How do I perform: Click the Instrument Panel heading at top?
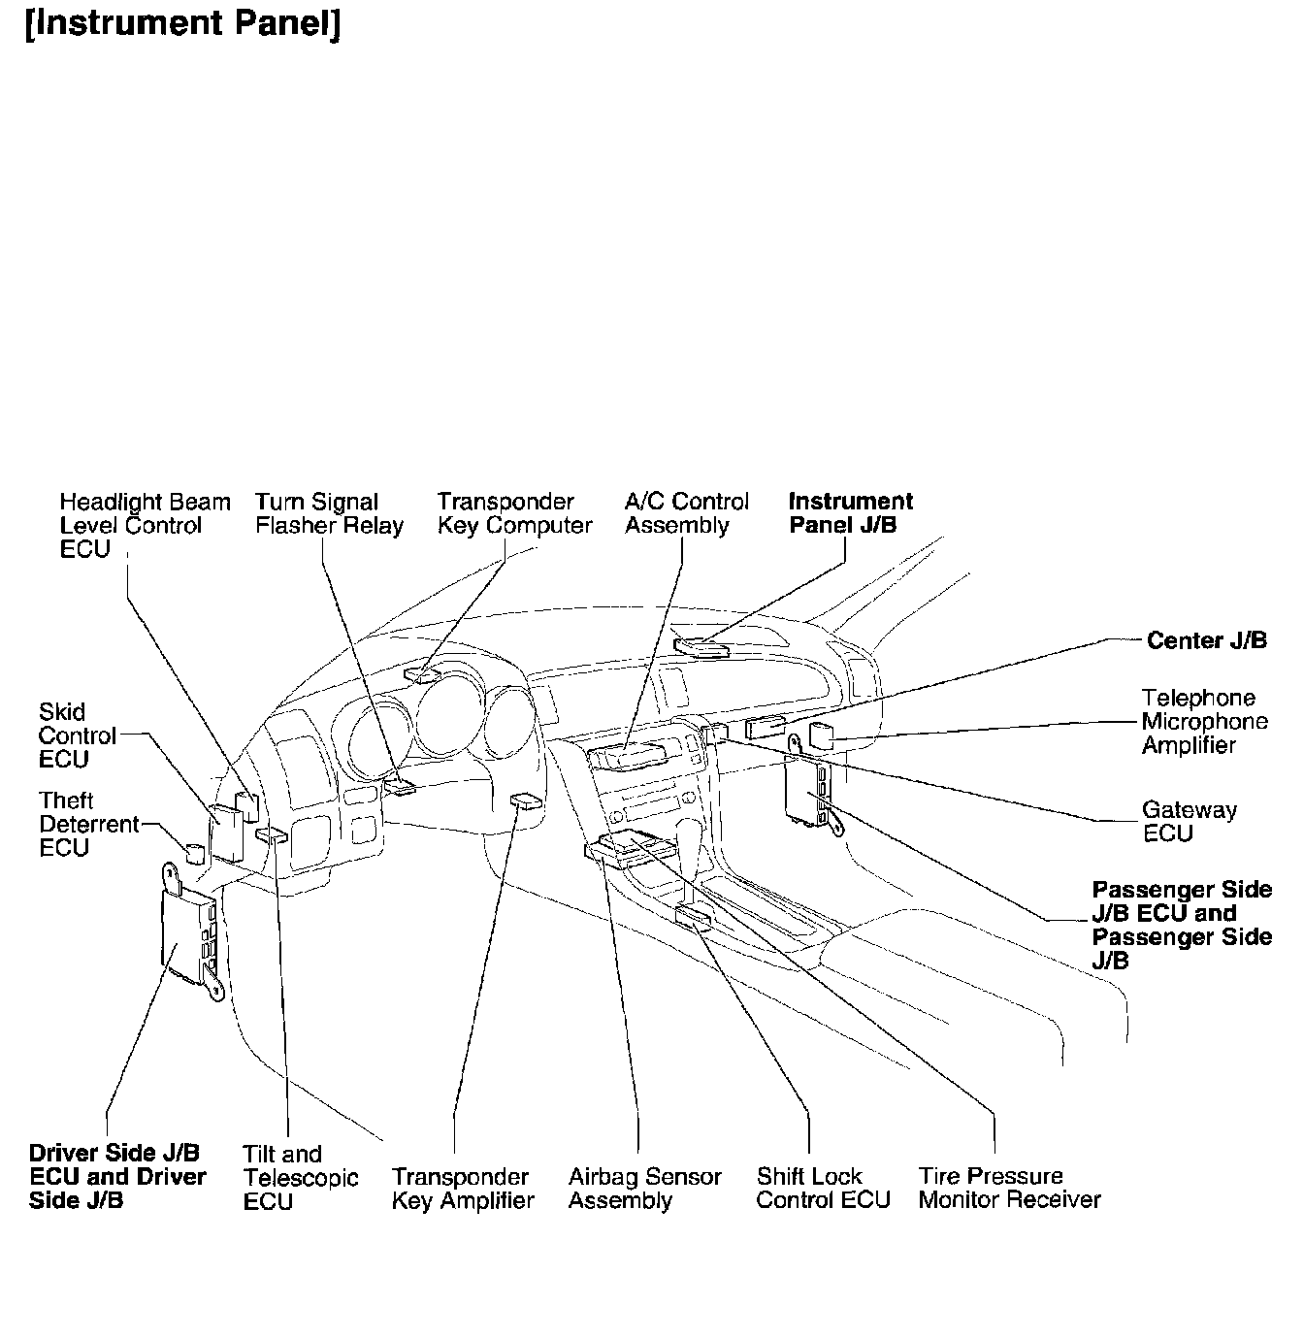coord(182,23)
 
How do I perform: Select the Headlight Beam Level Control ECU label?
coord(145,525)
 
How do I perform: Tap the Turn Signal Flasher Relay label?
coord(329,514)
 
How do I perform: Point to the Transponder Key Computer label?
coord(514,514)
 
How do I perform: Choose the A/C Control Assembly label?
coord(687,514)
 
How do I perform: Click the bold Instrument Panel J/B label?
coord(850,513)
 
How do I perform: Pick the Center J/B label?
coord(1206,640)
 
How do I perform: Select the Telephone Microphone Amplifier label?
coord(1204,722)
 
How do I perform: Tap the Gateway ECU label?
coord(1189,822)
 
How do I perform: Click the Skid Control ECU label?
coord(78,735)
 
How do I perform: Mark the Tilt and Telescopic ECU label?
coord(301,1177)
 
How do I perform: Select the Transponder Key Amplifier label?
coord(463,1189)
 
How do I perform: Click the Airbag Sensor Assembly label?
coord(644,1189)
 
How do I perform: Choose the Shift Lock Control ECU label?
coord(823,1189)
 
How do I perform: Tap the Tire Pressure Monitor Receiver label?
coord(1009,1189)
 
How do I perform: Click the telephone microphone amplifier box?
coord(822,735)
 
